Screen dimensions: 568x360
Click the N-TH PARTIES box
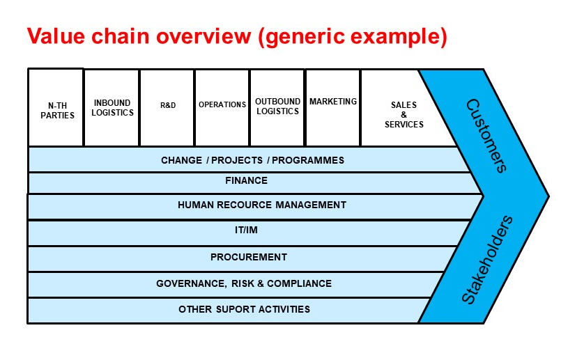[x=56, y=107]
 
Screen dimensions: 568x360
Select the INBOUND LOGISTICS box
[x=112, y=108]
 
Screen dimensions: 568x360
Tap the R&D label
[x=168, y=105]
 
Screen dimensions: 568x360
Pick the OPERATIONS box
[x=222, y=108]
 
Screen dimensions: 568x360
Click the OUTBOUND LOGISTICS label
[x=278, y=107]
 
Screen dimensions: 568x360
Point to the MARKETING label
[x=333, y=102]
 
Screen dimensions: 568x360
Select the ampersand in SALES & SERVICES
[x=404, y=115]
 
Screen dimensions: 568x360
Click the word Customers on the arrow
[x=487, y=136]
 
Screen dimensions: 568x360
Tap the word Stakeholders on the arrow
[x=487, y=260]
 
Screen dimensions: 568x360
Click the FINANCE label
[x=246, y=180]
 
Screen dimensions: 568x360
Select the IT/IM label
[x=246, y=230]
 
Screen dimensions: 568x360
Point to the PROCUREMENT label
[x=249, y=257]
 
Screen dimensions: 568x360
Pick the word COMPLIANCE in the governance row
[x=299, y=283]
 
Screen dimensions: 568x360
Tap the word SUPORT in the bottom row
[x=233, y=309]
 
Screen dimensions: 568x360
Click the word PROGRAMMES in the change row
[x=308, y=160]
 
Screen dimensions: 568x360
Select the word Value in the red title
[x=56, y=36]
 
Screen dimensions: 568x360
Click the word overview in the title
[x=204, y=36]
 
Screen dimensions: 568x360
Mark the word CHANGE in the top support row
[x=181, y=160]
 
